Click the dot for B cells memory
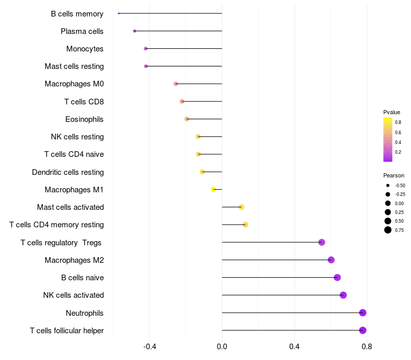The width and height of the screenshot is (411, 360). [119, 13]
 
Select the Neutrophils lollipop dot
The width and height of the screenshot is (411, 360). [363, 313]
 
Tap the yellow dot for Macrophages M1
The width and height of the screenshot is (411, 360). [214, 190]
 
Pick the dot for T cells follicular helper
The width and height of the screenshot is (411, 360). [363, 330]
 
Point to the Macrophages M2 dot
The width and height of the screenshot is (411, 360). [331, 260]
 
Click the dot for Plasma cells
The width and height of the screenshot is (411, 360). [135, 31]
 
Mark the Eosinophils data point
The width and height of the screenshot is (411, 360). [187, 119]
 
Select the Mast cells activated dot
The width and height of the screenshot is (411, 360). [241, 207]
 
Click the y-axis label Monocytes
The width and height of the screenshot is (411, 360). [85, 49]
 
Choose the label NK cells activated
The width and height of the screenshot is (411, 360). [73, 295]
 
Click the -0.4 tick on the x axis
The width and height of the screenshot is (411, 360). [150, 347]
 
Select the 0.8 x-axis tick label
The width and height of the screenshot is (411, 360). [367, 347]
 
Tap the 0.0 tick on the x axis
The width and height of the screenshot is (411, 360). [222, 347]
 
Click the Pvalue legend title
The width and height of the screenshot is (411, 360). [391, 112]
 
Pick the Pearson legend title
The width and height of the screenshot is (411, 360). [394, 175]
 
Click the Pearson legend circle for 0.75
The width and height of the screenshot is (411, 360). [388, 230]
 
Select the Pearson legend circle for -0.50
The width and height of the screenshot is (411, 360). [388, 185]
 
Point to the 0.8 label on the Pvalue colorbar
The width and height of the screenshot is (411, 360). [398, 122]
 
